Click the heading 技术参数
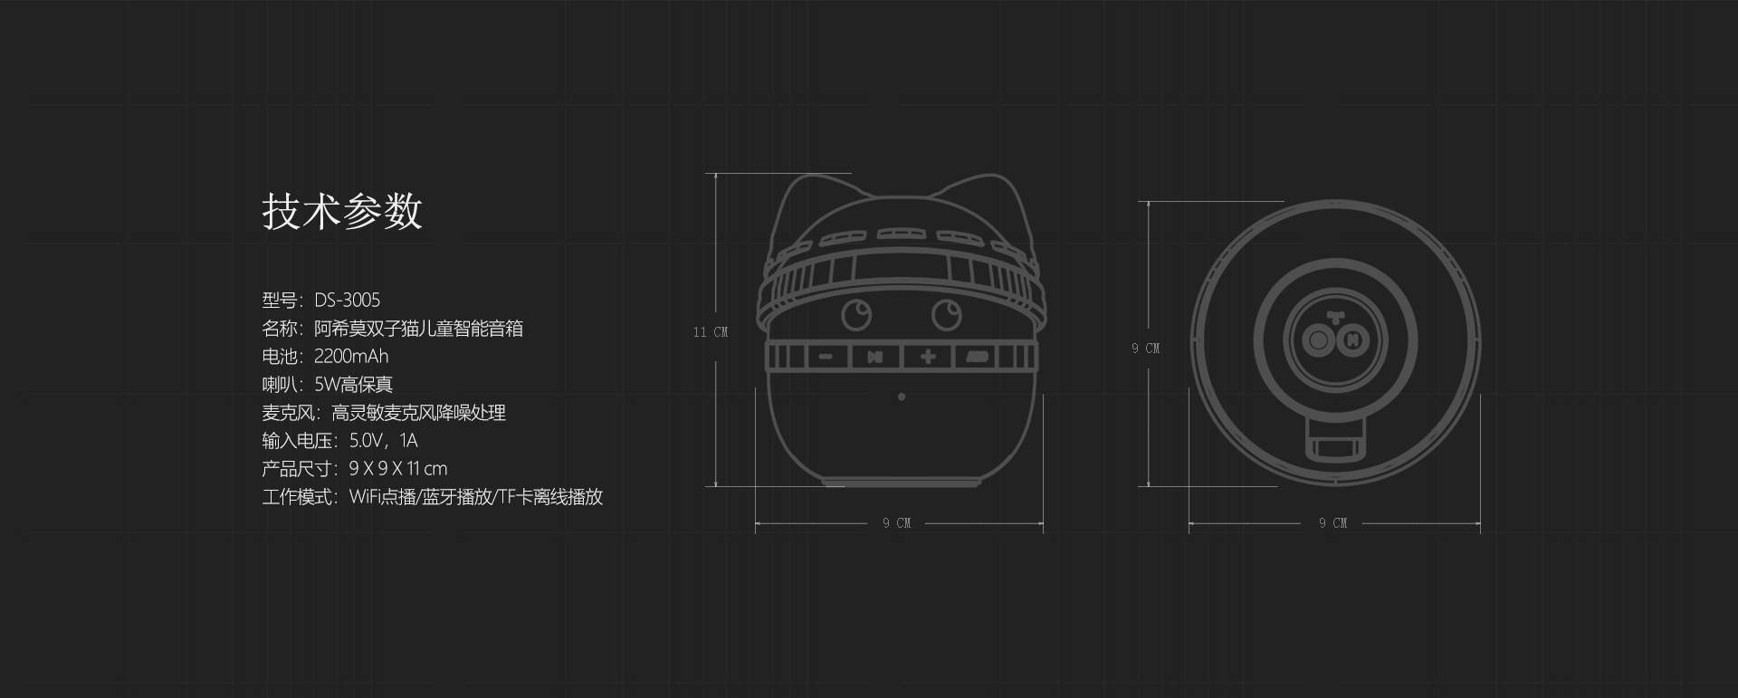342,211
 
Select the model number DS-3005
348,300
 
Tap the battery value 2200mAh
351,356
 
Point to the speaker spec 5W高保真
354,384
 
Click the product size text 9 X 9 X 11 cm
398,468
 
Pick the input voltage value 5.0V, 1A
384,441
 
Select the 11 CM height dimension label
711,332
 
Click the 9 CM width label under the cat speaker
897,523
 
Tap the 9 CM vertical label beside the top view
1146,349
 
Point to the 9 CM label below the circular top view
1333,523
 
